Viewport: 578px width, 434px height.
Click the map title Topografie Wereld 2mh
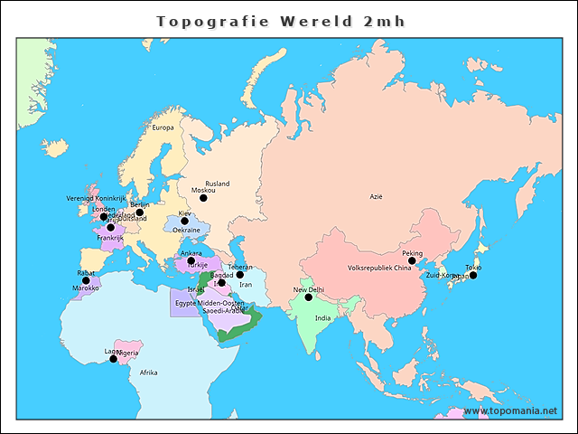pos(281,21)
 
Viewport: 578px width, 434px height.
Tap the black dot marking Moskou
pos(203,198)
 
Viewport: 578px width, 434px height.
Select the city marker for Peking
pos(412,261)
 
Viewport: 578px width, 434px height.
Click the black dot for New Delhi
pos(308,297)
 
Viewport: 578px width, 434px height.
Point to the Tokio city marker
pos(472,275)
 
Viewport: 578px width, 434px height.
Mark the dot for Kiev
pos(184,221)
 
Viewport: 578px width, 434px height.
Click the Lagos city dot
pos(113,359)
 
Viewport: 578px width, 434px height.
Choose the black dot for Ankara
pos(191,261)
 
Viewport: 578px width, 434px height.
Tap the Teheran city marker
pos(240,275)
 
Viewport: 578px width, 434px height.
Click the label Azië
pos(376,196)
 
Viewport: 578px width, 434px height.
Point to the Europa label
pos(163,127)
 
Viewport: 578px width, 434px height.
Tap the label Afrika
pos(149,373)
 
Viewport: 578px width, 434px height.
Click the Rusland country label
pos(217,184)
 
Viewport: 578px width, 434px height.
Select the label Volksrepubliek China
pos(379,269)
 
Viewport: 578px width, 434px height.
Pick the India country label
pos(322,318)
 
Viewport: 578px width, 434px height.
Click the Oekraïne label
pos(186,231)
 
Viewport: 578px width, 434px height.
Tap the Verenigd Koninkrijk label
pos(96,198)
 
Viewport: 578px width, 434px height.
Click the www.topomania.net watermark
pos(510,411)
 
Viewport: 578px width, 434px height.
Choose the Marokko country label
pos(86,288)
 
